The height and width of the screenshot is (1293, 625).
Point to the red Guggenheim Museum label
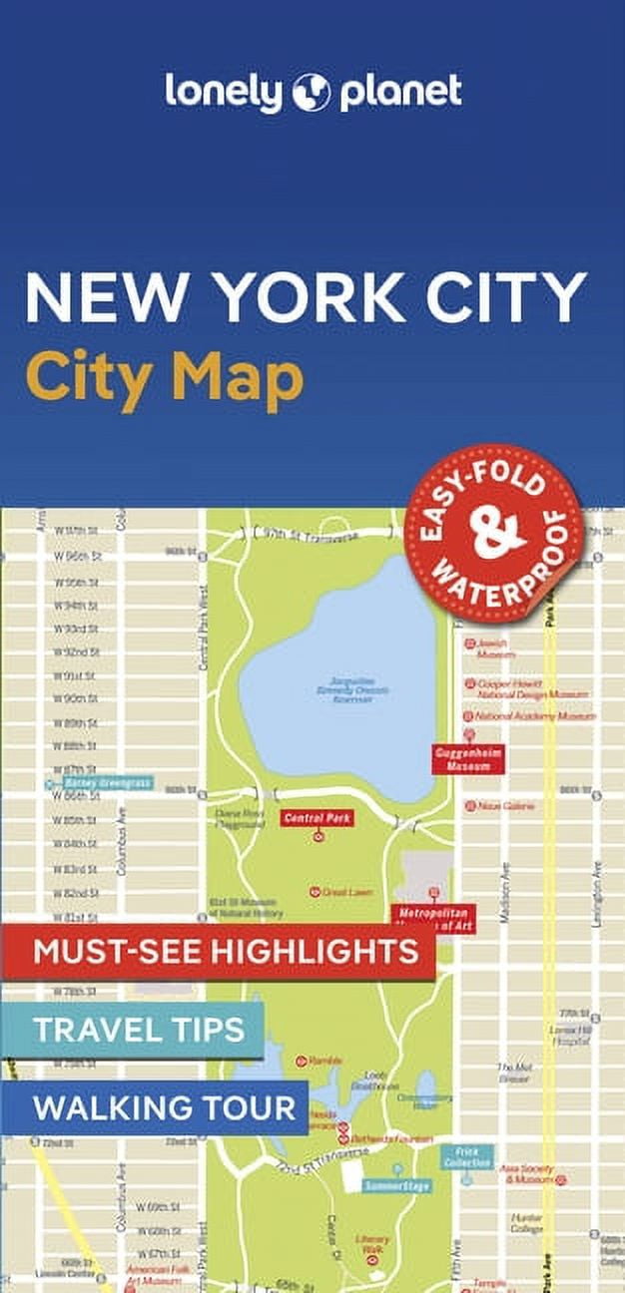click(466, 759)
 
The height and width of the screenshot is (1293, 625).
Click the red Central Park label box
click(316, 818)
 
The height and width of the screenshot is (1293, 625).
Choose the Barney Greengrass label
click(106, 783)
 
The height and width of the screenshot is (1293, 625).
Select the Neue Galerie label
click(505, 805)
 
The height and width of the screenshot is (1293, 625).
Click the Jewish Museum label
click(495, 648)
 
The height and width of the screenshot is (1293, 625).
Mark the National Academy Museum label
click(534, 716)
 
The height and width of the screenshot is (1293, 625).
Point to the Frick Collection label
click(467, 1157)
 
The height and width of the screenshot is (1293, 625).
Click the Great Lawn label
click(346, 892)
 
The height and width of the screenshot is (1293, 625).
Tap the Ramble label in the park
click(324, 1060)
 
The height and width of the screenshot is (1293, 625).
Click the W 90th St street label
click(75, 698)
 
